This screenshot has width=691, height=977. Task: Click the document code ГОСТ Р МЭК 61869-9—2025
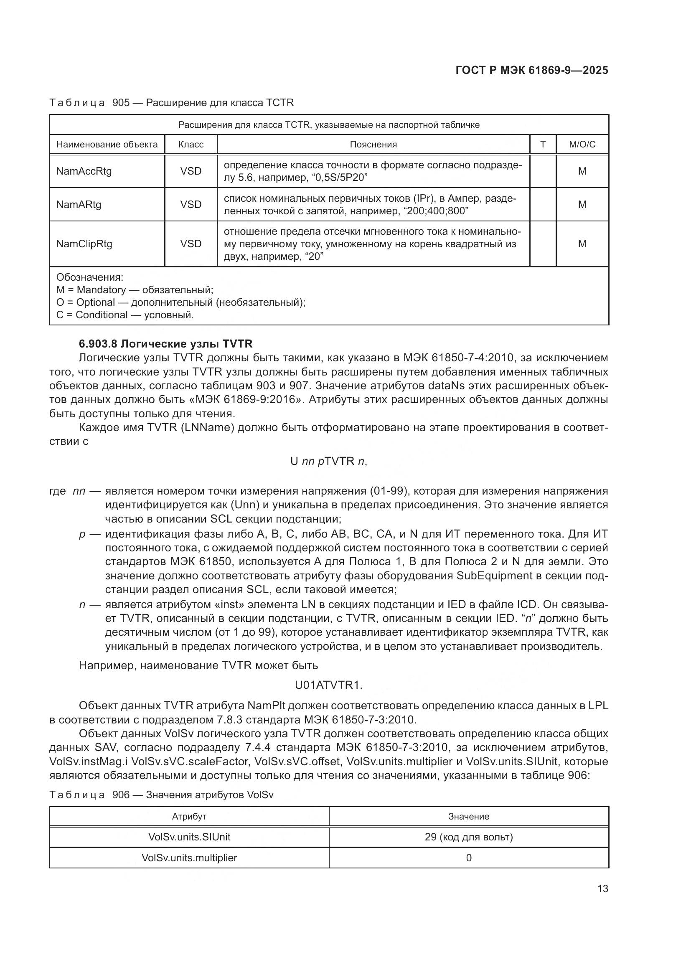click(531, 70)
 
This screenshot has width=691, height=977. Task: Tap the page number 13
click(602, 888)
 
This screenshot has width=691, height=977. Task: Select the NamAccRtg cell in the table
click(84, 171)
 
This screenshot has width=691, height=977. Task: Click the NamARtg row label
click(79, 204)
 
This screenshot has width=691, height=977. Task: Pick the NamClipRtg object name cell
click(84, 244)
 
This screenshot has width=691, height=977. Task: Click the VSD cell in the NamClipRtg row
click(191, 244)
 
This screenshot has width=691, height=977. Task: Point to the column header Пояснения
click(373, 145)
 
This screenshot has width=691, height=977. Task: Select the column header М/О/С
click(582, 145)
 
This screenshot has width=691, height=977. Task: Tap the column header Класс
click(191, 145)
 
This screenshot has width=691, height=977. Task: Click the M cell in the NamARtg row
click(582, 204)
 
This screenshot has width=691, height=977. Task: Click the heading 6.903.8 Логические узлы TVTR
click(165, 344)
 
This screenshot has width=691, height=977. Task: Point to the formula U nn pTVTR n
click(328, 461)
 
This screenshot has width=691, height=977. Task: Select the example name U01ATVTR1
click(328, 685)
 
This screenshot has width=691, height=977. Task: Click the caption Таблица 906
click(161, 795)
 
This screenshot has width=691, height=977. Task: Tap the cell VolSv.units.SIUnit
click(189, 837)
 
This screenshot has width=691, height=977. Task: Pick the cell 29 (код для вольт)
click(468, 837)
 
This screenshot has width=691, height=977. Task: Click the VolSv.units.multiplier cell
click(189, 858)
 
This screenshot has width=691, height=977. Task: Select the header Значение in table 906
click(468, 817)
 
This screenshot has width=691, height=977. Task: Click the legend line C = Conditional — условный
click(124, 315)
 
